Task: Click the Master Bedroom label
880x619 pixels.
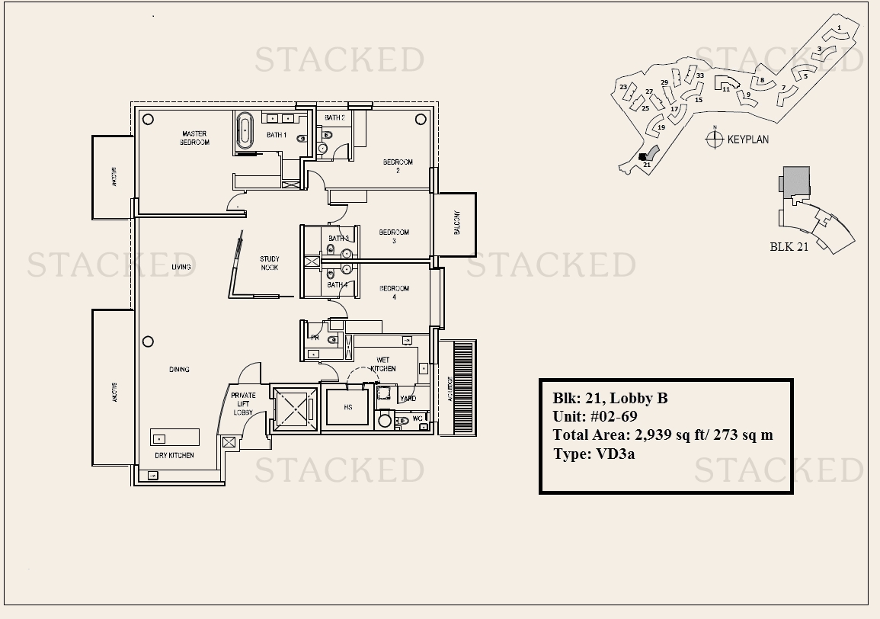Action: pos(194,138)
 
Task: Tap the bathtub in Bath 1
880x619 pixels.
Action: pos(245,131)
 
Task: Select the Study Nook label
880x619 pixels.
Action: pos(269,263)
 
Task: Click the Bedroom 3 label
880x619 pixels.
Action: pos(394,236)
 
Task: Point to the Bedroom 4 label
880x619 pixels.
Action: pos(394,293)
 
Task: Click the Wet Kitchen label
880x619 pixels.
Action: pos(383,364)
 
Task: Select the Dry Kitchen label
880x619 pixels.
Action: pos(174,455)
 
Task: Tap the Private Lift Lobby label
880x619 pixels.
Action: pos(244,404)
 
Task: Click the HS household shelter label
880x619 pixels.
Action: pos(347,407)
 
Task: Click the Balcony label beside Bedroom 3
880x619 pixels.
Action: pos(457,223)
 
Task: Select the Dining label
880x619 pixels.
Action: pos(179,370)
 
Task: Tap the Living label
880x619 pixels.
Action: pos(181,267)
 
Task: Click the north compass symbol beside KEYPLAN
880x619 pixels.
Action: pos(714,139)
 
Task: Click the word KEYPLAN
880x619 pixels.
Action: pos(747,140)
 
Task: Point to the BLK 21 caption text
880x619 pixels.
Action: pos(789,246)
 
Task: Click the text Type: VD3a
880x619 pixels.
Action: pos(594,453)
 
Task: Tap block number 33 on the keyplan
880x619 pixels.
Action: pos(699,75)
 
